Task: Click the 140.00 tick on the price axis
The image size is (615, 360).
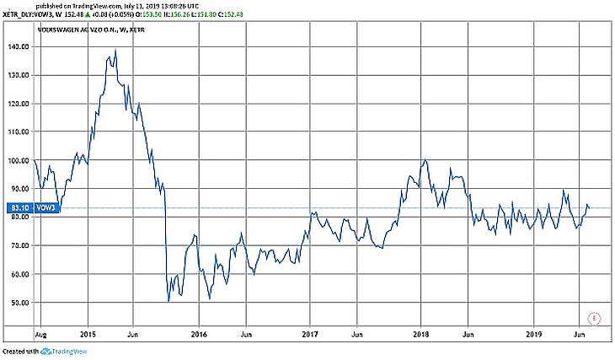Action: pos(19,46)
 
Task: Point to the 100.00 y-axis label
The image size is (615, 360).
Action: pos(19,160)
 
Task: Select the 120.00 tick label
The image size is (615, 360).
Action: pos(19,104)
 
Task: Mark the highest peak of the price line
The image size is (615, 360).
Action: pos(115,50)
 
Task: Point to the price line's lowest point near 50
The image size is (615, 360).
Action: pos(168,300)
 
